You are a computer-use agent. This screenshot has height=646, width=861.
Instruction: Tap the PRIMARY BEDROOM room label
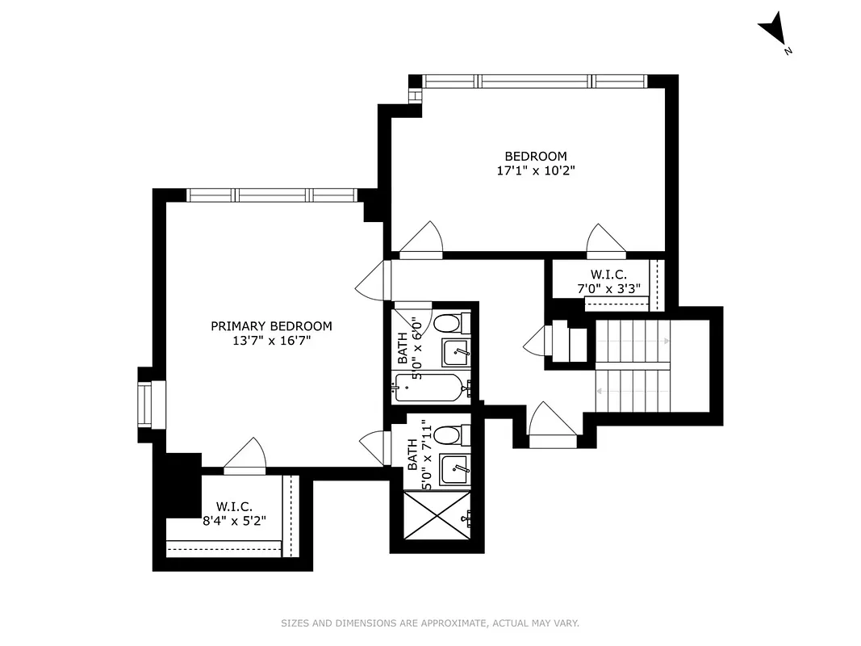coord(271,326)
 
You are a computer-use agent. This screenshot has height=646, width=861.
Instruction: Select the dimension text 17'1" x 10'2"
coord(536,170)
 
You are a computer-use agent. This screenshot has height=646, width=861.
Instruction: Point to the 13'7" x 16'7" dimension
coord(271,341)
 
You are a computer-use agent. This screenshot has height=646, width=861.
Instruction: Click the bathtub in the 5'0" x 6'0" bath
coord(428,388)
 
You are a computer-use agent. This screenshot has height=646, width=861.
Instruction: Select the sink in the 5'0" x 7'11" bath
coord(454,468)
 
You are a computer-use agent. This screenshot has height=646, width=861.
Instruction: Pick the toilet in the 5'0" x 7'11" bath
coord(448,436)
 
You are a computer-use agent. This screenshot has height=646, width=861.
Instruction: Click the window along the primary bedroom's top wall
coord(271,195)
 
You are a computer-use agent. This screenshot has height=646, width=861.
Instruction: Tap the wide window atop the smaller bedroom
coord(535,81)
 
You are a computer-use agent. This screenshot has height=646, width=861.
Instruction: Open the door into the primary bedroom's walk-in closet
coord(245,456)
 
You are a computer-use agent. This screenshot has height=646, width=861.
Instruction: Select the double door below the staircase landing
coord(552,424)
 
